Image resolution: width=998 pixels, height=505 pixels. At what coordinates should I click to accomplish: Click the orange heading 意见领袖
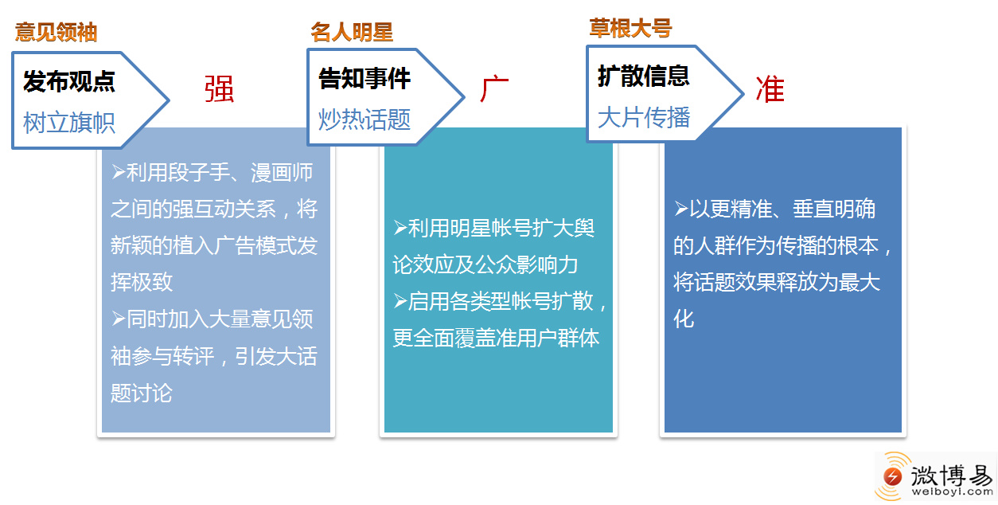tap(57, 32)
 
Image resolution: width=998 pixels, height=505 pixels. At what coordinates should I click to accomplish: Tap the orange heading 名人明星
tap(352, 32)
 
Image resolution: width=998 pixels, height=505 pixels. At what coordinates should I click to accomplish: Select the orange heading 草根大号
tap(630, 28)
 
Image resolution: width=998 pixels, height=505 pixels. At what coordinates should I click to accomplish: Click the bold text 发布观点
tap(69, 81)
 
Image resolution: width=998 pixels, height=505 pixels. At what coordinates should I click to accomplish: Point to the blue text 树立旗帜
tap(69, 123)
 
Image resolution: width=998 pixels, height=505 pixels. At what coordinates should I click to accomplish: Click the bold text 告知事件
tap(365, 78)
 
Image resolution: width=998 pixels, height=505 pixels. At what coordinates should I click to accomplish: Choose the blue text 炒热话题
tap(365, 119)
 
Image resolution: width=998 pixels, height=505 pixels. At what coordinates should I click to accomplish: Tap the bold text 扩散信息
tap(644, 76)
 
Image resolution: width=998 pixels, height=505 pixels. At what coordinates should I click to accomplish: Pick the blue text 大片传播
tap(644, 117)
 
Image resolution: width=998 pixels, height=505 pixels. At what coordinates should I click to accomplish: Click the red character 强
tap(219, 88)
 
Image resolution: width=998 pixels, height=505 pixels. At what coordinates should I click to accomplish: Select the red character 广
tap(494, 88)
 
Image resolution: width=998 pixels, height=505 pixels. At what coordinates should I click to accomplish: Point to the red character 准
tap(770, 89)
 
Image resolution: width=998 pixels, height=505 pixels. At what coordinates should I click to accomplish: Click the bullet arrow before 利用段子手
tap(118, 171)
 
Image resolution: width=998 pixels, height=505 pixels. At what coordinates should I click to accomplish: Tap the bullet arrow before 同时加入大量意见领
tap(118, 319)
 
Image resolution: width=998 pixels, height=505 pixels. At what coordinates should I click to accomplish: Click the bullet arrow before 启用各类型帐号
tap(400, 301)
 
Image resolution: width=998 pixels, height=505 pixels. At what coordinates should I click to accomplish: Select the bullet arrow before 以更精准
tap(680, 208)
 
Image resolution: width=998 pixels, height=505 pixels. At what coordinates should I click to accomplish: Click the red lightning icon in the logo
tap(892, 476)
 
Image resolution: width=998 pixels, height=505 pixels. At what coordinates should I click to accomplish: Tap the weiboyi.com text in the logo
tap(953, 492)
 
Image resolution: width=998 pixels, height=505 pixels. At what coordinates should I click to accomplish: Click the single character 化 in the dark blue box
tap(684, 319)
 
